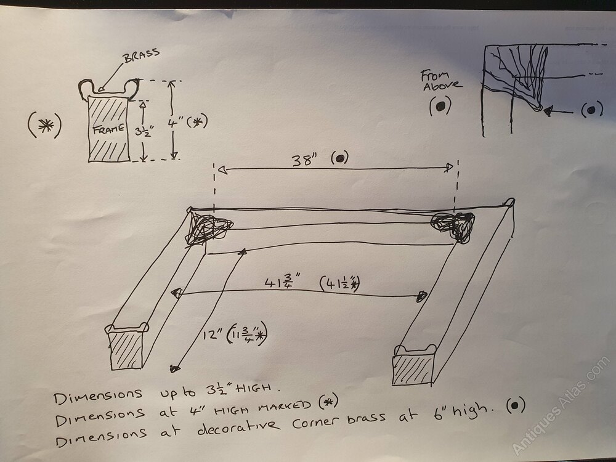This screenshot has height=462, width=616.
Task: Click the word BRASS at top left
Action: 142,55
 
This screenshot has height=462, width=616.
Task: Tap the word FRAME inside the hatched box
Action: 108,129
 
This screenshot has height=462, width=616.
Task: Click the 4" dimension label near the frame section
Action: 173,123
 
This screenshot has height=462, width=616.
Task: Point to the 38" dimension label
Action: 304,160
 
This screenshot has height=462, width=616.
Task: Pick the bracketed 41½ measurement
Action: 340,283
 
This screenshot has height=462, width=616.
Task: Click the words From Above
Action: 441,80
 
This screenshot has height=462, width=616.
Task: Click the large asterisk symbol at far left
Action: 45,125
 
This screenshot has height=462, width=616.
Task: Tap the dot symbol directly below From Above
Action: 440,106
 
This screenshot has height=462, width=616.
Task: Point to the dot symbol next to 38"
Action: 340,158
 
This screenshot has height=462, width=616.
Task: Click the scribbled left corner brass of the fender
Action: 208,229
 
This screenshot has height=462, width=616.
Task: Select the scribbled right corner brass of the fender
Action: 453,226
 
